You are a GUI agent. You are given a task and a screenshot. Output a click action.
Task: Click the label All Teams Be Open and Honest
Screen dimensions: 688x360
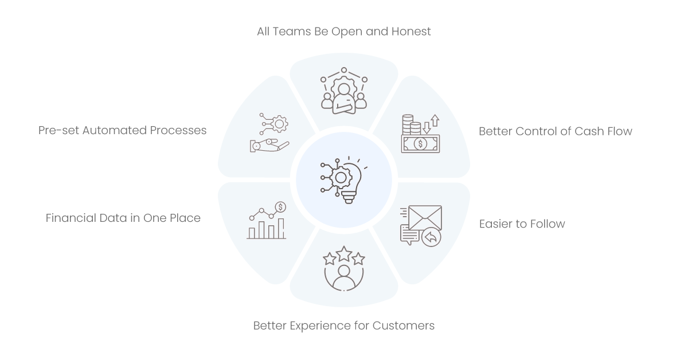coord(343,32)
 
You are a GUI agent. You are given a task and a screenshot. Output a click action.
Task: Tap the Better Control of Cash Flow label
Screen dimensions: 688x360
coord(556,131)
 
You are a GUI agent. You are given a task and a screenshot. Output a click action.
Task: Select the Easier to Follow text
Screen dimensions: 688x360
coord(522,224)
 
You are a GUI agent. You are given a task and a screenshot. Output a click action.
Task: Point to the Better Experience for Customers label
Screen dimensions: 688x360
coord(343,326)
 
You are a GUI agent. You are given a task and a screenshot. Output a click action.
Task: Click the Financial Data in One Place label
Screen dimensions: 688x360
coord(123,218)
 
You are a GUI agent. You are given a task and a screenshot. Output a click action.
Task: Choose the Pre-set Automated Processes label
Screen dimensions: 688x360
coord(122,130)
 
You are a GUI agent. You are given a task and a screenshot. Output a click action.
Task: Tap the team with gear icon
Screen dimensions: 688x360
coord(343,91)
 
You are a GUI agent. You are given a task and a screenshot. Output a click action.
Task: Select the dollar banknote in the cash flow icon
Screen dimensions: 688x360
coord(420,144)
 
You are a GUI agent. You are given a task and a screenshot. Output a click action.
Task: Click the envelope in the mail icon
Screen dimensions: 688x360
coord(425,217)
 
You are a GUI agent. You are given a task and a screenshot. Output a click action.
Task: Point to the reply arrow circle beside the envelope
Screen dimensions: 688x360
coord(431,237)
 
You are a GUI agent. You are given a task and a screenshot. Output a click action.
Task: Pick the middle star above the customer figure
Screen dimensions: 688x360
coord(343,254)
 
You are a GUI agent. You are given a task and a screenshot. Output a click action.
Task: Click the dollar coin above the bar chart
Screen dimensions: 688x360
coord(280,207)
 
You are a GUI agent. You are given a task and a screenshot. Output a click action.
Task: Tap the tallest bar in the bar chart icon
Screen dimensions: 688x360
coord(281,228)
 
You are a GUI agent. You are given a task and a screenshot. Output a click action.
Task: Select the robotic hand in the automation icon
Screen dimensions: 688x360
coord(269,145)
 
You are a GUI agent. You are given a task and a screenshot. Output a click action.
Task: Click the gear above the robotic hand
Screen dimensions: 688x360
coord(279,124)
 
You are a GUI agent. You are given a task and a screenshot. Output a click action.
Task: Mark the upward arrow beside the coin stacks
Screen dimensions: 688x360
coord(435,120)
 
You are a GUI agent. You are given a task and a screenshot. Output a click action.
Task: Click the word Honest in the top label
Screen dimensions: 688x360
coord(411,32)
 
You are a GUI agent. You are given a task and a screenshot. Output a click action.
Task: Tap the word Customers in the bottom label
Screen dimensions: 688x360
coord(404,326)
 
